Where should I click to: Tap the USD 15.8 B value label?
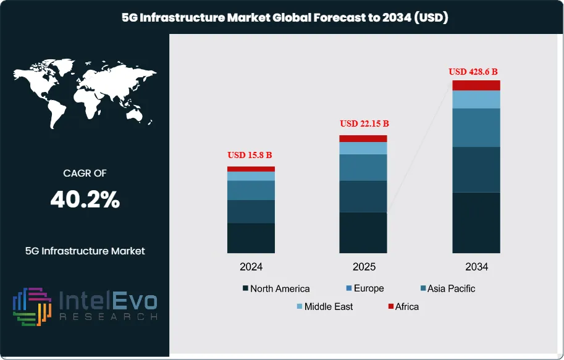[251, 155]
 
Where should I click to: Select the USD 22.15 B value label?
[363, 123]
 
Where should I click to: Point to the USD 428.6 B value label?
[475, 71]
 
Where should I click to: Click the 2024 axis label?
[251, 267]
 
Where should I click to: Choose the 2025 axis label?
[363, 267]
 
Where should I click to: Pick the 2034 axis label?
[476, 267]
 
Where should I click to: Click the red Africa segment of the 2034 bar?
[476, 85]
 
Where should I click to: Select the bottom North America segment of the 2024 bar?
[251, 238]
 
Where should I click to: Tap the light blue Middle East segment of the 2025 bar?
[363, 148]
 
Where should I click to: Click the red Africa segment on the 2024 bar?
[251, 169]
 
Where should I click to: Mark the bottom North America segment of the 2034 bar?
[476, 222]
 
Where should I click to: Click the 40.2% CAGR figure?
[85, 199]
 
